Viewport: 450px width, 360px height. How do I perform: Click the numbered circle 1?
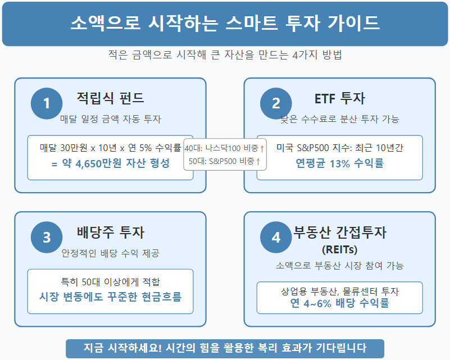pos(47,103)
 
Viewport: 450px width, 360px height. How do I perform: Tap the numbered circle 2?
pos(276,103)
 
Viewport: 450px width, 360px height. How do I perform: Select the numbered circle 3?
pos(47,238)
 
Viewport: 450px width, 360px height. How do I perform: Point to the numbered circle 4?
pos(276,238)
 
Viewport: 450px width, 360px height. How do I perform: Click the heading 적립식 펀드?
pos(110,98)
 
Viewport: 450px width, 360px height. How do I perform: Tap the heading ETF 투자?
pos(339,99)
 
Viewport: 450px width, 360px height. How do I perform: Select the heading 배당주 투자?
pos(110,233)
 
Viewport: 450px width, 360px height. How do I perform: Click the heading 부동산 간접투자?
pos(340,233)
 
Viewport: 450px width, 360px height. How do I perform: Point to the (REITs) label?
pos(339,248)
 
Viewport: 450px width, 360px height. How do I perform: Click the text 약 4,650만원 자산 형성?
pos(110,163)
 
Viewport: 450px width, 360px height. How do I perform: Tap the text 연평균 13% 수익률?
pos(339,163)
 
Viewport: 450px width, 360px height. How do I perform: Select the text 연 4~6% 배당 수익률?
pos(339,303)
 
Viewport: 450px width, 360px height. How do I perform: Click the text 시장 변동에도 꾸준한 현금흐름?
pos(110,296)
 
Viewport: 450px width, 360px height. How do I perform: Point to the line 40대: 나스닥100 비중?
pos(225,148)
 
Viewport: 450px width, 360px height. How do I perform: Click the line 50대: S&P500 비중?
pos(225,161)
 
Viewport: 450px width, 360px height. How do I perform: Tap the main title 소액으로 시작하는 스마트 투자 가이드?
pos(225,23)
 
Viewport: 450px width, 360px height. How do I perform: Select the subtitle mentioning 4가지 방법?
pos(225,55)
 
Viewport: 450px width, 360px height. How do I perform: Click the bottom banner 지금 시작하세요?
pos(225,348)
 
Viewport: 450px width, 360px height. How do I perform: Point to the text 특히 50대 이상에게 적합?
pos(110,281)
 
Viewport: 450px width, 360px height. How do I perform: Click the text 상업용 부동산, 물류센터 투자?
pos(339,291)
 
